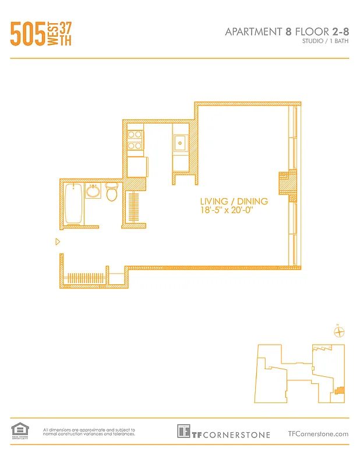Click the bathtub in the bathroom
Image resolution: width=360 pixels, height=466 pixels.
[73, 203]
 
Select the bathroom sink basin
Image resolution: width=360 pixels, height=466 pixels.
[93, 190]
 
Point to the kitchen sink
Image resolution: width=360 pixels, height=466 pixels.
[181, 141]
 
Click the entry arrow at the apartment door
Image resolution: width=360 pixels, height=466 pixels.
[57, 241]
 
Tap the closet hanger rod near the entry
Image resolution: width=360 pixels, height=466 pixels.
[87, 278]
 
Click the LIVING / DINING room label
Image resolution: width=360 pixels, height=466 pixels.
[234, 202]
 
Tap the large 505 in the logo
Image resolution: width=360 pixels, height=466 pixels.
[28, 34]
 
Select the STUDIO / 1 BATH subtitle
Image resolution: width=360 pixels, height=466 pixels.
[325, 43]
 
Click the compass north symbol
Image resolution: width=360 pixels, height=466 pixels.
[339, 332]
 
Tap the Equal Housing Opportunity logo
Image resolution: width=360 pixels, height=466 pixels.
[20, 431]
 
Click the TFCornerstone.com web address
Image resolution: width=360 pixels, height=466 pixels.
[318, 433]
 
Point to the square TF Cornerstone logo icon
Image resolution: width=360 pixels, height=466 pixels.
[184, 432]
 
